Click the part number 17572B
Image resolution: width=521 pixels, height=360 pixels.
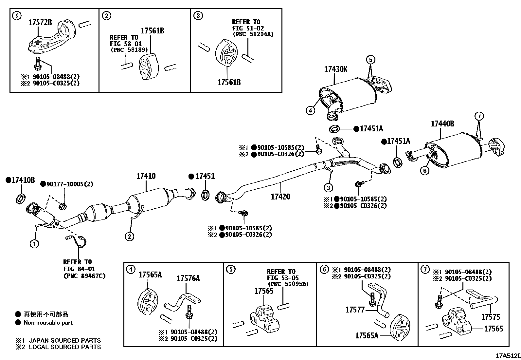[x=40, y=23]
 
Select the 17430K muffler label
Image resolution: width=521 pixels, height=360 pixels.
[x=335, y=70]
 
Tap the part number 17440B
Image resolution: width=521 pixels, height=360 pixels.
[x=442, y=124]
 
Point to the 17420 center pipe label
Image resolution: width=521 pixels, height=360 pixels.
[x=280, y=197]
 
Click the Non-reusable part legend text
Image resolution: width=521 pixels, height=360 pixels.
[x=48, y=323]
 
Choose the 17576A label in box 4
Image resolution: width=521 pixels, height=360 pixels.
[x=188, y=279]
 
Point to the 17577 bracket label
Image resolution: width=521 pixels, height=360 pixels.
[x=355, y=310]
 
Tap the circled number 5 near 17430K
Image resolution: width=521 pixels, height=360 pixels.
[x=370, y=60]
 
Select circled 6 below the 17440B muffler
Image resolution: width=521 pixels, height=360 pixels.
[x=424, y=171]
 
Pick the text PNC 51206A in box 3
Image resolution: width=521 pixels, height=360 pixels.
[x=253, y=34]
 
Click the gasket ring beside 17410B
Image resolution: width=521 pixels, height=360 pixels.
[x=21, y=199]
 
